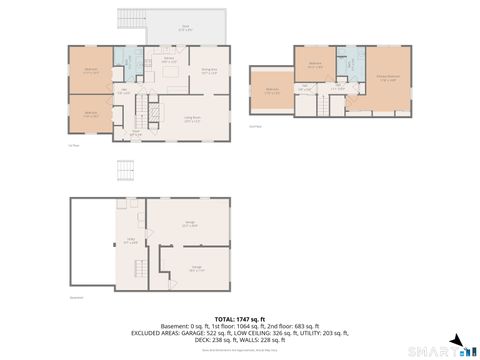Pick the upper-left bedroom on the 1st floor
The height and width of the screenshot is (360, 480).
[x=90, y=69]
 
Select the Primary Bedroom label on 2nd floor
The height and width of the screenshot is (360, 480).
[x=389, y=78]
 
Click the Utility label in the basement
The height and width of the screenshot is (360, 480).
[x=131, y=241]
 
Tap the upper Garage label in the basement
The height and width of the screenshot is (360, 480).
[x=189, y=224]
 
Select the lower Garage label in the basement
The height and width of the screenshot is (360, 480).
[x=197, y=269]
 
